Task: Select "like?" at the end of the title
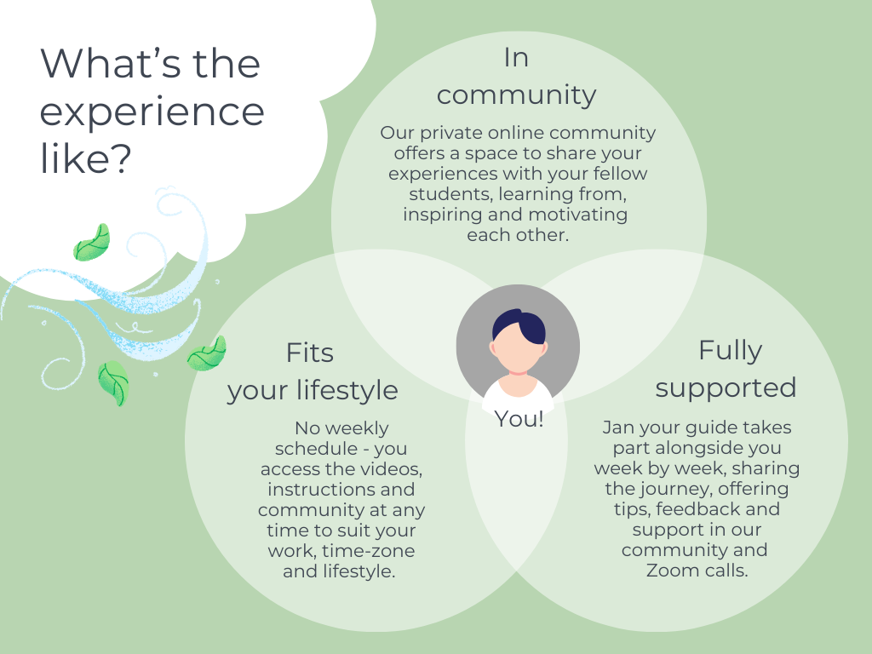(x=85, y=160)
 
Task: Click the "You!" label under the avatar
(x=519, y=419)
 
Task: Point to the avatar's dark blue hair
(x=520, y=325)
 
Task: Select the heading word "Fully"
(x=730, y=350)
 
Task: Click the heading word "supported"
(x=726, y=387)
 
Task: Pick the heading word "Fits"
(x=309, y=353)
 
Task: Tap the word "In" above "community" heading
(x=516, y=58)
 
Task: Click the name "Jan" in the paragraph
(x=618, y=427)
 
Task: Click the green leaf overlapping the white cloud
(x=92, y=243)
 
